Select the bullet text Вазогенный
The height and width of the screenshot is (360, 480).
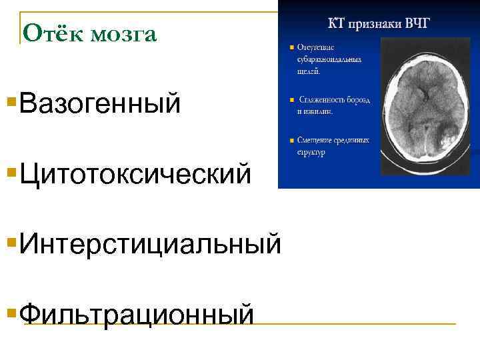coord(100,103)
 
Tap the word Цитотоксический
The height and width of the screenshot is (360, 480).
coord(136,174)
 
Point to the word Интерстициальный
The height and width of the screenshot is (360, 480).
coord(151,243)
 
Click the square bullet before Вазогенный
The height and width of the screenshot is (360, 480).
coord(11,102)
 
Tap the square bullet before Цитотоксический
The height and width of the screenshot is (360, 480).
coord(11,173)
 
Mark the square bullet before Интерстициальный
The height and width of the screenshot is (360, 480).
coord(11,241)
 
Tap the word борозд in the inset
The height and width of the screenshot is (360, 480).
coord(359,100)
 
